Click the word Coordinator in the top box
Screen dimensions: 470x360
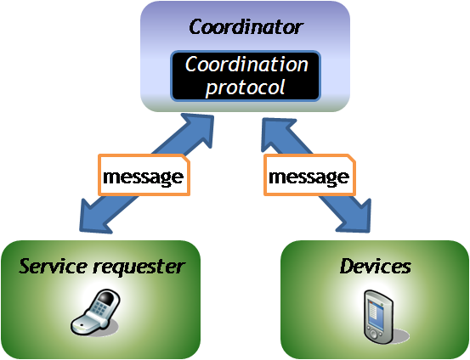[246, 27]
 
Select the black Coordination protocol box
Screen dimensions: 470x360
[246, 76]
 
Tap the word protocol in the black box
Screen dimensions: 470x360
[245, 87]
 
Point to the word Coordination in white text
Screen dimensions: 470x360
[246, 64]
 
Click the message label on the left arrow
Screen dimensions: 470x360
[144, 175]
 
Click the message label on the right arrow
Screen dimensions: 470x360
[309, 175]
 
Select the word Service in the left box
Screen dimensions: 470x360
[53, 266]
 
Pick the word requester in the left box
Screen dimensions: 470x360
[139, 267]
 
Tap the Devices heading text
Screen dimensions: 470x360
[376, 266]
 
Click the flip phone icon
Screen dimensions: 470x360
[95, 312]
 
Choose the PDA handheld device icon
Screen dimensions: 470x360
[378, 318]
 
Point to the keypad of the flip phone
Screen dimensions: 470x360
[99, 308]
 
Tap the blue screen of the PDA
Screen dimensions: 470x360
[377, 315]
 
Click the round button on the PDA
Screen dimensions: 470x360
[373, 335]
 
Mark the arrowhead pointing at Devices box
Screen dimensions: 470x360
[355, 217]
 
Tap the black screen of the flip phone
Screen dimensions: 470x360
[107, 297]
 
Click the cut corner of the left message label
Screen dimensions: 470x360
[186, 159]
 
